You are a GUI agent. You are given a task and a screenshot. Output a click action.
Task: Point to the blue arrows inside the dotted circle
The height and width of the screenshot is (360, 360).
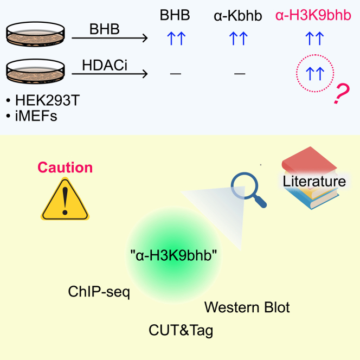tap(314, 72)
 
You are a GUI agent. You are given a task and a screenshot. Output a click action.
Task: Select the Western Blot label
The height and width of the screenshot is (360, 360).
tap(247, 307)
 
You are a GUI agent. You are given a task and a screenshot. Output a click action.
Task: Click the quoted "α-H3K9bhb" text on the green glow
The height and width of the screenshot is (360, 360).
tap(174, 256)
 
